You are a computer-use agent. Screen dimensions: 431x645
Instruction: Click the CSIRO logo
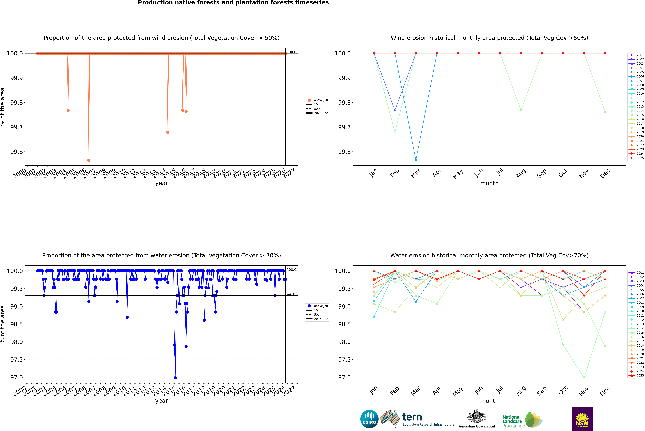[x=369, y=419]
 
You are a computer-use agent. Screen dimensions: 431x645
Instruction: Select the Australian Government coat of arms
[x=477, y=417]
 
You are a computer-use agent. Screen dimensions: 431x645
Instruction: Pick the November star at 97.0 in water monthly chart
[x=584, y=378]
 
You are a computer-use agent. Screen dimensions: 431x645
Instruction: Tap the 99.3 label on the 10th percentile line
[x=290, y=294]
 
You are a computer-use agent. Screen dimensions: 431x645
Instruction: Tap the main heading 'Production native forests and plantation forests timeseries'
[x=233, y=3]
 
